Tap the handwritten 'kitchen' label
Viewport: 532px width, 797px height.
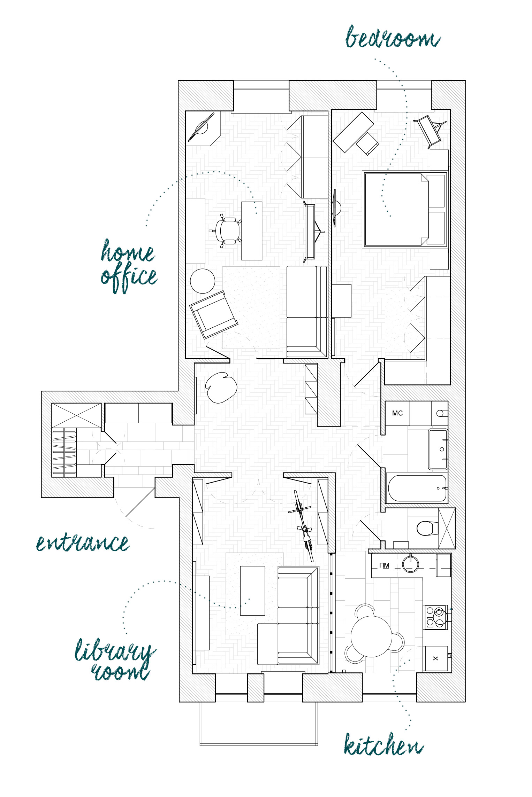click(383, 745)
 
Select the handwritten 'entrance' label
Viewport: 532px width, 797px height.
click(83, 542)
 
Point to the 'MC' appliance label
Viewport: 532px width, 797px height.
click(397, 413)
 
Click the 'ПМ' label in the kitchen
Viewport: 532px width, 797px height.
click(384, 565)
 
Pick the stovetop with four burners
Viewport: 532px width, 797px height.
click(435, 617)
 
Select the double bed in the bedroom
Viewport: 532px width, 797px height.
click(405, 209)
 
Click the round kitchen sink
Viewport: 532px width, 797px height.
click(411, 564)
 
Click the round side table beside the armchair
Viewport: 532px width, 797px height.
click(203, 281)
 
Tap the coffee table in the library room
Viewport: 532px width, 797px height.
click(252, 591)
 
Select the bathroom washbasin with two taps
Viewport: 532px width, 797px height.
click(438, 449)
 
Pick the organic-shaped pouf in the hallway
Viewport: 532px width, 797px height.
click(221, 387)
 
